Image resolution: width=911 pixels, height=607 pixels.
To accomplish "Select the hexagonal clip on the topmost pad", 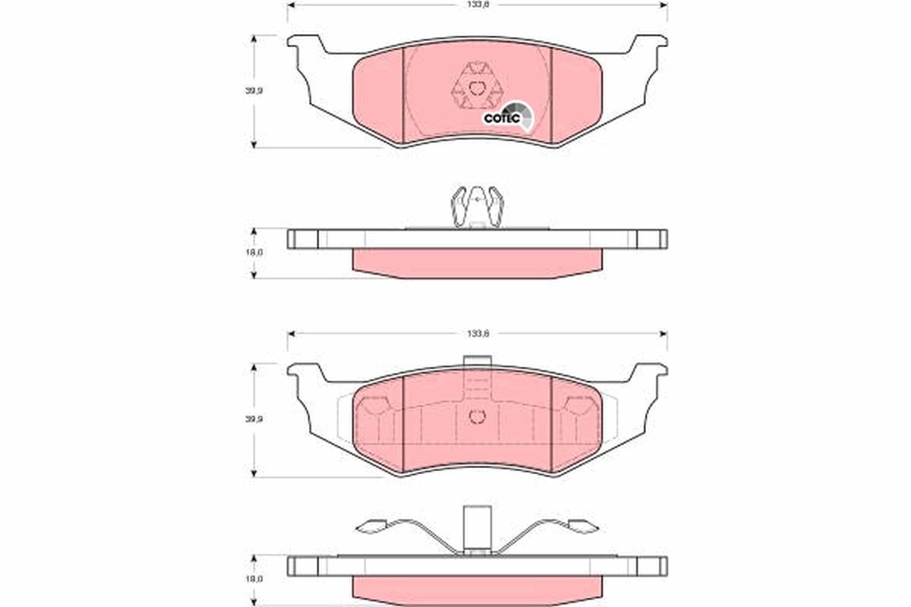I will pos(476,89).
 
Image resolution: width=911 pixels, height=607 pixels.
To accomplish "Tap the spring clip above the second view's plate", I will pos(477,207).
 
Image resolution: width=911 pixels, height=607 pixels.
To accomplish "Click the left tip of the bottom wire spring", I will pos(372,526).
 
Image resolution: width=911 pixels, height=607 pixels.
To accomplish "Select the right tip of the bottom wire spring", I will pos(582,525).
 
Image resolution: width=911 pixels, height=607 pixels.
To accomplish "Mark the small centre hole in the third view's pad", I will pos(477,417).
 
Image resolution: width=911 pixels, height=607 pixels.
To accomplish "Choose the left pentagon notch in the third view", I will pos(372,407).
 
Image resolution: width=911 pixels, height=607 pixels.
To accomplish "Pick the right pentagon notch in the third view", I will pos(582,407).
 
